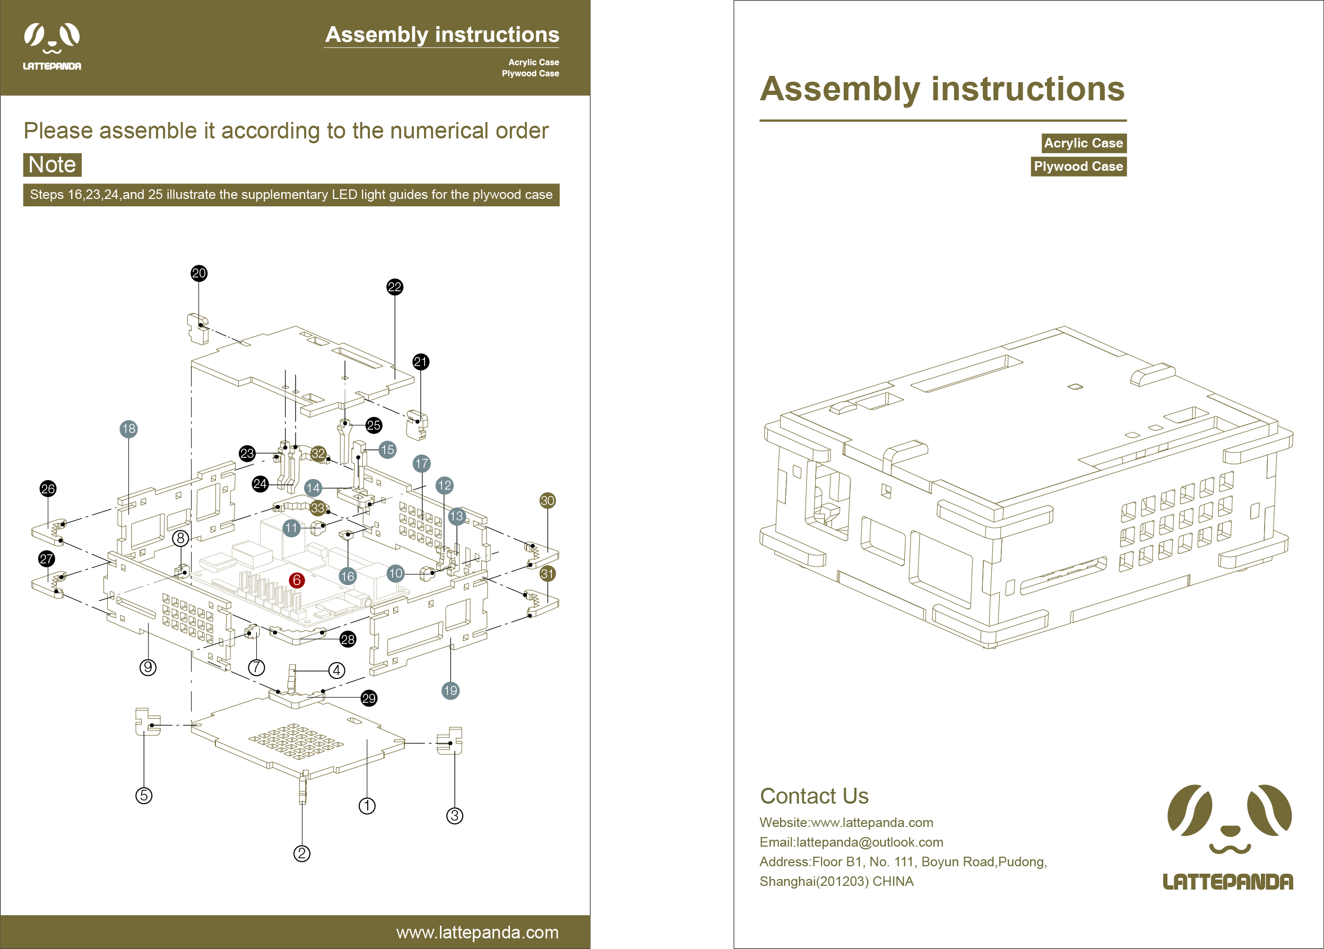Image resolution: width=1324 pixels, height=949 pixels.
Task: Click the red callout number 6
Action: [297, 580]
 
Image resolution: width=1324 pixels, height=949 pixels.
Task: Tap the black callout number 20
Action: [199, 273]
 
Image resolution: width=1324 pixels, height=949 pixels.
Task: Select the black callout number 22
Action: [395, 287]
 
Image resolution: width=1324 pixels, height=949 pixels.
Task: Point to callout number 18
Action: [128, 429]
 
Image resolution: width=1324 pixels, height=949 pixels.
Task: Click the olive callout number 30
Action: [548, 501]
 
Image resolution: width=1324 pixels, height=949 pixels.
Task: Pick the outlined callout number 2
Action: [302, 854]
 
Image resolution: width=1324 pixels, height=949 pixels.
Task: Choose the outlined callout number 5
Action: [144, 796]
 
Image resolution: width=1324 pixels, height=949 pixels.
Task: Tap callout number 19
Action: [451, 691]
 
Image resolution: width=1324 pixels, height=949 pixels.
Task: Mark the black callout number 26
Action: [48, 489]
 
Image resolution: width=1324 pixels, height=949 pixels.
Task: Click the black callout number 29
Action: [369, 699]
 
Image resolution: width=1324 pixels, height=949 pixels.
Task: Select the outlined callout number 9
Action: [148, 668]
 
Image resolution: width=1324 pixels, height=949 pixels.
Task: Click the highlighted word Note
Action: [53, 165]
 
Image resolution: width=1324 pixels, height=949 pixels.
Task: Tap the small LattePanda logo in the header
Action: [52, 47]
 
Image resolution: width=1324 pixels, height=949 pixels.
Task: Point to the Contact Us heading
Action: [814, 796]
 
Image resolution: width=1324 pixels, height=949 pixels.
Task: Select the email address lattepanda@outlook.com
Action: [870, 842]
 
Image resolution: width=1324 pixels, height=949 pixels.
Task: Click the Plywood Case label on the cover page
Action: [1078, 167]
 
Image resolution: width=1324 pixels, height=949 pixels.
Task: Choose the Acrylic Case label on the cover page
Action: [1084, 143]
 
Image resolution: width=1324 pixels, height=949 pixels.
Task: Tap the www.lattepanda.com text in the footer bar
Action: [477, 932]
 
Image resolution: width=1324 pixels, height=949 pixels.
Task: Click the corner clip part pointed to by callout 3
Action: [451, 741]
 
